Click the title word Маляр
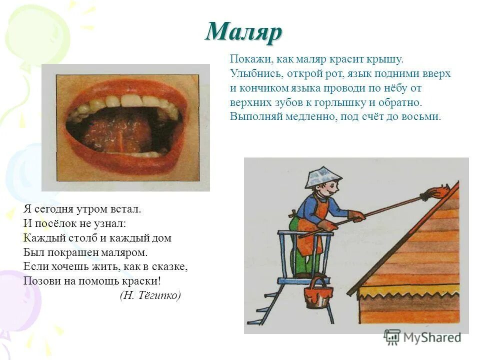(244, 33)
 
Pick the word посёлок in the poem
(53, 223)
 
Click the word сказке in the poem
(167, 266)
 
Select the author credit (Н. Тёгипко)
(150, 295)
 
